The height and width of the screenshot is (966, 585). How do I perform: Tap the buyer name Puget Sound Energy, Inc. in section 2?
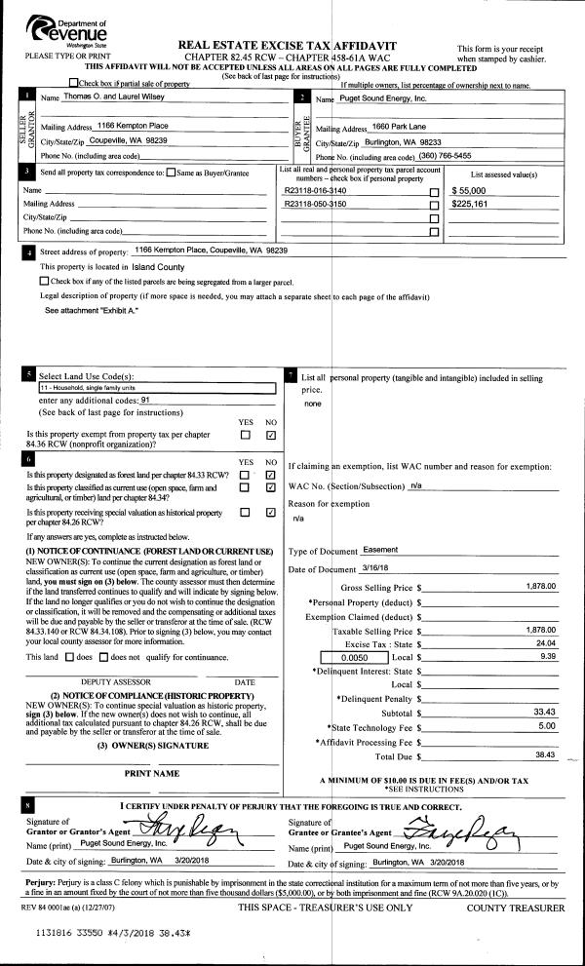click(x=383, y=99)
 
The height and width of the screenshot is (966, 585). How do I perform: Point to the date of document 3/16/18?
click(x=376, y=568)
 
